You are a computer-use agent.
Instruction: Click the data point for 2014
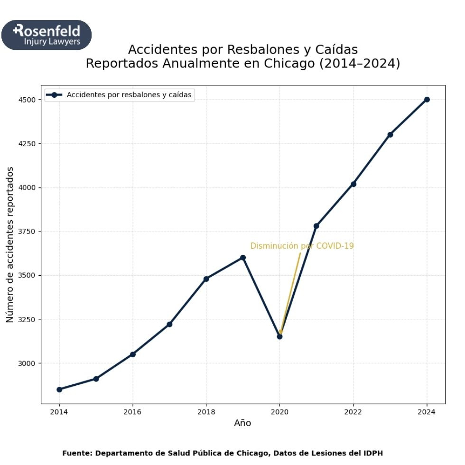(59, 390)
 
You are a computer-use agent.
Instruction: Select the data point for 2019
(243, 258)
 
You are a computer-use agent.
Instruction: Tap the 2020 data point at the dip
(280, 336)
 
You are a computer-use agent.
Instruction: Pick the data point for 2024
(427, 100)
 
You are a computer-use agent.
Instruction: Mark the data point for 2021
(316, 226)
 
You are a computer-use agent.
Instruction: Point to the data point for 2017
(169, 325)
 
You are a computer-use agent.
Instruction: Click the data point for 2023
(390, 135)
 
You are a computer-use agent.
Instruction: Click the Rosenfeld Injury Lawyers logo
(46, 35)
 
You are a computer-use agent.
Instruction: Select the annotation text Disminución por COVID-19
(302, 246)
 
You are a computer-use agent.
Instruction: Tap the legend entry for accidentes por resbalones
(129, 95)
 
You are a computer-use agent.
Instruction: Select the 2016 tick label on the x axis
(133, 411)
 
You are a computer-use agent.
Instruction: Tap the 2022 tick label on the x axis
(353, 411)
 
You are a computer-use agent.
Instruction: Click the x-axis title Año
(242, 423)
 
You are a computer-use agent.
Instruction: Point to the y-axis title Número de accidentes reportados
(10, 244)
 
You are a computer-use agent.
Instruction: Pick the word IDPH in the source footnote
(372, 453)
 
